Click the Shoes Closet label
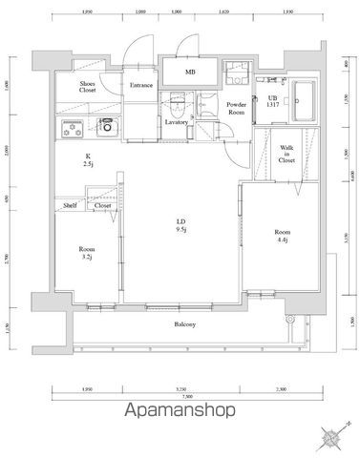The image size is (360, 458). [x=87, y=87]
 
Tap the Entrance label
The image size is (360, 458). [x=141, y=85]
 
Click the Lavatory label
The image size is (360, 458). [x=176, y=122]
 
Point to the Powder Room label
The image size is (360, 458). [x=236, y=108]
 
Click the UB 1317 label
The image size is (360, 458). [x=273, y=102]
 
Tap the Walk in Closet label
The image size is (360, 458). [x=286, y=155]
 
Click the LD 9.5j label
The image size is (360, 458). [x=180, y=224]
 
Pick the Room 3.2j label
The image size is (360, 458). [x=87, y=252]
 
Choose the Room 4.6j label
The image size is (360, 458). [x=283, y=236]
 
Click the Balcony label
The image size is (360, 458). [x=185, y=324]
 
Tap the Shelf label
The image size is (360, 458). [x=71, y=205]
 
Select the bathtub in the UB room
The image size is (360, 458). [x=305, y=98]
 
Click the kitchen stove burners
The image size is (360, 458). [x=73, y=127]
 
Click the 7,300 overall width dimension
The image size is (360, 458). [x=187, y=395]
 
